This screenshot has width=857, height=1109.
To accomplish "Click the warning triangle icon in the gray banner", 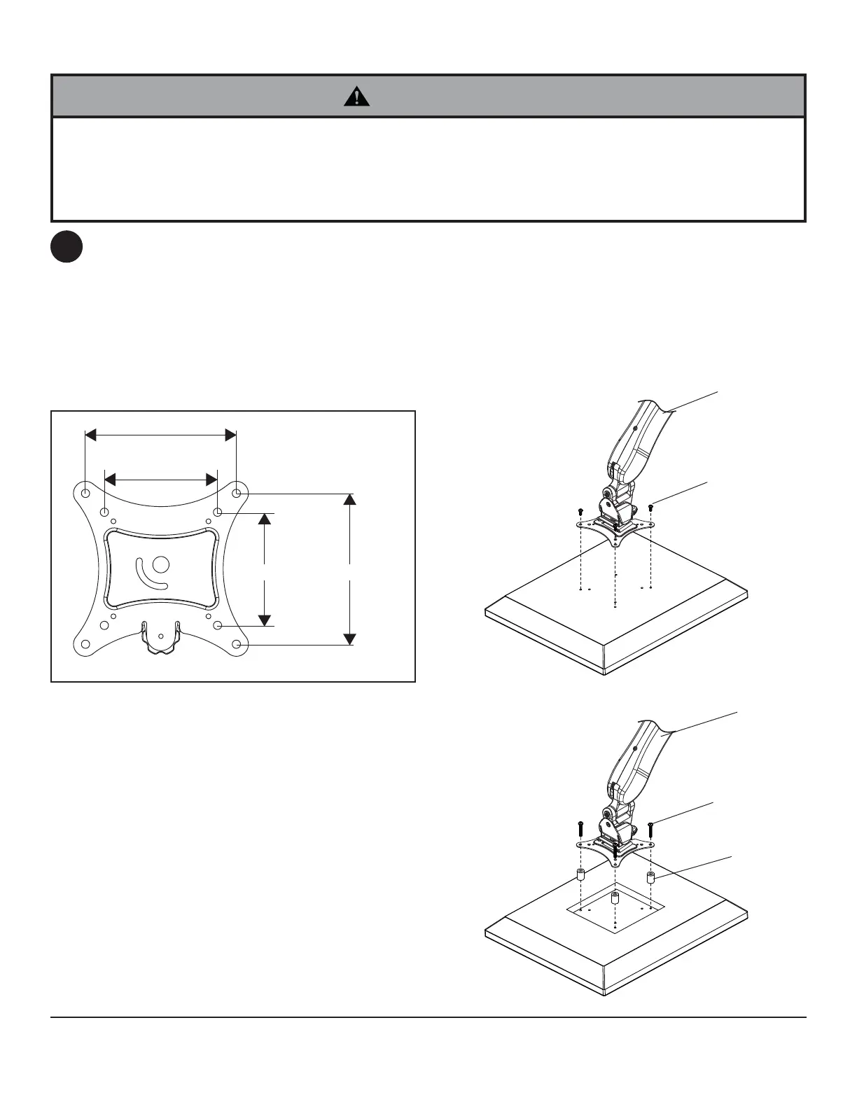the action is click(x=357, y=97).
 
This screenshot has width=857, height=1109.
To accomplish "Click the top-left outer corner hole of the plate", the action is click(x=85, y=493).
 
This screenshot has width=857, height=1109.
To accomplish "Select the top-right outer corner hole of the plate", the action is click(x=237, y=493).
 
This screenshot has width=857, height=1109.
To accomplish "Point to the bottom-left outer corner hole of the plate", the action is click(x=85, y=644).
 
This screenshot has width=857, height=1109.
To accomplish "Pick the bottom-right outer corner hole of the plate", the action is click(x=237, y=644).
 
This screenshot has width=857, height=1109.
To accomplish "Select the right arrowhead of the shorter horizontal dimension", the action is click(x=211, y=479).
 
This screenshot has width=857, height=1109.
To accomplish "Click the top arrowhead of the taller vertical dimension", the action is click(x=350, y=499).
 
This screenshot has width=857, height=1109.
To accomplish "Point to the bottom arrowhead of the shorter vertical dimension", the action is click(x=264, y=620).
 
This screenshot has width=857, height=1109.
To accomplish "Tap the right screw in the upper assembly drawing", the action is click(x=651, y=505).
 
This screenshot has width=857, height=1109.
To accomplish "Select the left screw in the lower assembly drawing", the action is click(x=580, y=828).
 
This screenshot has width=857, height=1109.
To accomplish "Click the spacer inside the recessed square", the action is click(x=615, y=898).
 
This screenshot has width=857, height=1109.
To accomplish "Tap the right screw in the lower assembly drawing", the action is click(x=651, y=829).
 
